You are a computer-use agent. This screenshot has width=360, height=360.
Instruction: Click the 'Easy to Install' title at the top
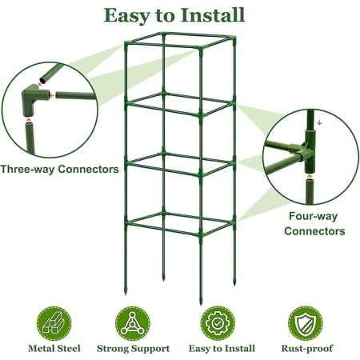[174, 15]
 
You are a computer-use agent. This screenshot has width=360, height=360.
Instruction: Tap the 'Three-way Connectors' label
[59, 169]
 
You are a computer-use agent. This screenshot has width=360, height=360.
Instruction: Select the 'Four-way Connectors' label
[314, 223]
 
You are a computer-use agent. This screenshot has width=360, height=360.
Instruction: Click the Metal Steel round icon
[54, 323]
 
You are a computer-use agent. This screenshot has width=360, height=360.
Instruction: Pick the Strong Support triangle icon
[133, 323]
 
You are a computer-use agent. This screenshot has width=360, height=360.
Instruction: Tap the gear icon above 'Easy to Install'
[218, 323]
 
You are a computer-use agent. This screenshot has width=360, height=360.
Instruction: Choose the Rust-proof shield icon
[306, 323]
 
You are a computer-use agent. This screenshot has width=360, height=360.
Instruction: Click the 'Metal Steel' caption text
[54, 349]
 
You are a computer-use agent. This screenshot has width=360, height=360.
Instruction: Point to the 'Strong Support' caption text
[133, 349]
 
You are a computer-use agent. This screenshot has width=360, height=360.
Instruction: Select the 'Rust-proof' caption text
[307, 349]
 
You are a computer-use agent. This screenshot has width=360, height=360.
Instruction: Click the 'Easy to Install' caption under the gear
[222, 349]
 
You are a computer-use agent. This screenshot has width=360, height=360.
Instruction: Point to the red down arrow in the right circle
[319, 122]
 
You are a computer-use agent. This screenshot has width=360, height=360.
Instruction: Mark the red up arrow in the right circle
[309, 177]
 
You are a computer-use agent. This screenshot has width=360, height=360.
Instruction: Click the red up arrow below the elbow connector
[29, 120]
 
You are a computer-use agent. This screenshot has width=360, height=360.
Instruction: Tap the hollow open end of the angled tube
[42, 79]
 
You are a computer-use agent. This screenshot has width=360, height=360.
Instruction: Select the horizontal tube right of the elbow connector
[75, 95]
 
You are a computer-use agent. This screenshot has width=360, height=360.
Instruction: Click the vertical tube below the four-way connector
[310, 192]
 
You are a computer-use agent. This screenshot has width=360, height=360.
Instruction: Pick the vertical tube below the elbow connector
[30, 138]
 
